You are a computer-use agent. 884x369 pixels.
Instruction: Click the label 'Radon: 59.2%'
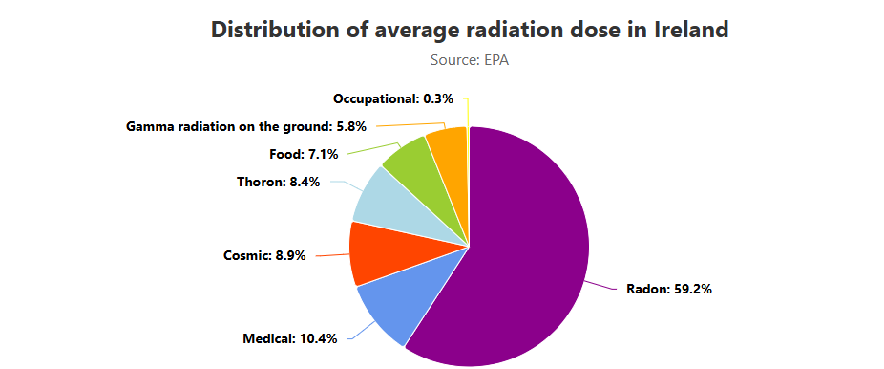click(x=669, y=290)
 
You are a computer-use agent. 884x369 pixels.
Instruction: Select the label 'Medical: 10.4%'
click(x=290, y=339)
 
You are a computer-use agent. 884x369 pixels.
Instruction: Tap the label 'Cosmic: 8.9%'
click(x=264, y=255)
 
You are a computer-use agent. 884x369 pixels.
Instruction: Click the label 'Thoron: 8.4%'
click(x=279, y=183)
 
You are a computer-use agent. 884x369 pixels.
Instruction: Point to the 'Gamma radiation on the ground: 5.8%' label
click(x=245, y=126)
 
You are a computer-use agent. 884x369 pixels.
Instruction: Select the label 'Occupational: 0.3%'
click(x=393, y=98)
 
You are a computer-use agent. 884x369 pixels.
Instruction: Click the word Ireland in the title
click(x=691, y=30)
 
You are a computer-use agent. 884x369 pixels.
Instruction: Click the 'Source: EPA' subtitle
click(x=470, y=60)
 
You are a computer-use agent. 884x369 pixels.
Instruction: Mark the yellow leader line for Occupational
click(x=468, y=112)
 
